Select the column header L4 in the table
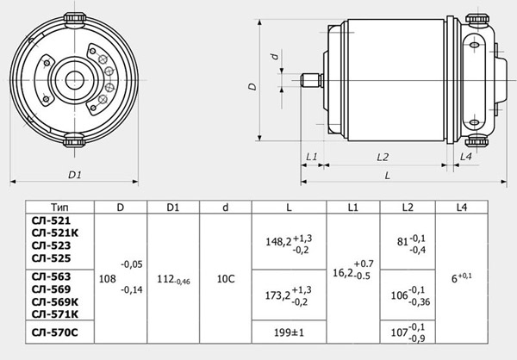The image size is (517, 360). [466, 208]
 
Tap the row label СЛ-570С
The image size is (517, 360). [56, 331]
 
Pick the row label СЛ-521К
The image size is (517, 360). [56, 233]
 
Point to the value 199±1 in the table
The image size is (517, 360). [287, 332]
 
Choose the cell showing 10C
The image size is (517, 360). [226, 278]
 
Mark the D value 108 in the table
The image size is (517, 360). [108, 278]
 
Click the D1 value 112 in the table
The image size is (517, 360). [166, 278]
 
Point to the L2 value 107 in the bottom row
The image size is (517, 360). [398, 332]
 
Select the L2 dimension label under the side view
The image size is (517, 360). [384, 157]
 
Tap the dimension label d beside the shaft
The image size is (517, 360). [273, 58]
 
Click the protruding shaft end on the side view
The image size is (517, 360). [311, 82]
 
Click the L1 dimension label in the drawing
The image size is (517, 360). [312, 157]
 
